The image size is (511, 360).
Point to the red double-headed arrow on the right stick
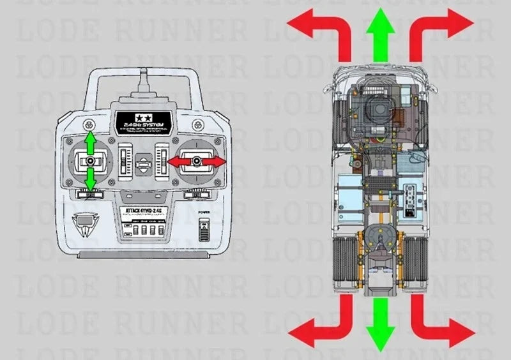(197, 162)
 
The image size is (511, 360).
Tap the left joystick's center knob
(91, 161)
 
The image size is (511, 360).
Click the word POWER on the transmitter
(204, 212)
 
